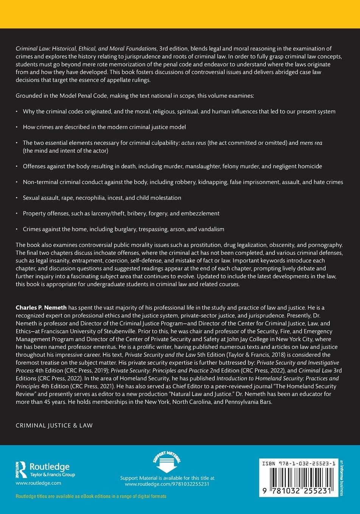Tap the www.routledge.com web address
(x=38, y=483)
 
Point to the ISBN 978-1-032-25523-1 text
(x=298, y=464)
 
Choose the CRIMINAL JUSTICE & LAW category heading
(x=54, y=425)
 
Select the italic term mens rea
(x=311, y=143)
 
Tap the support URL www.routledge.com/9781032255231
(x=167, y=484)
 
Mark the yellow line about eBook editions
(x=91, y=496)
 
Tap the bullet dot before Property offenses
(x=17, y=214)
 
